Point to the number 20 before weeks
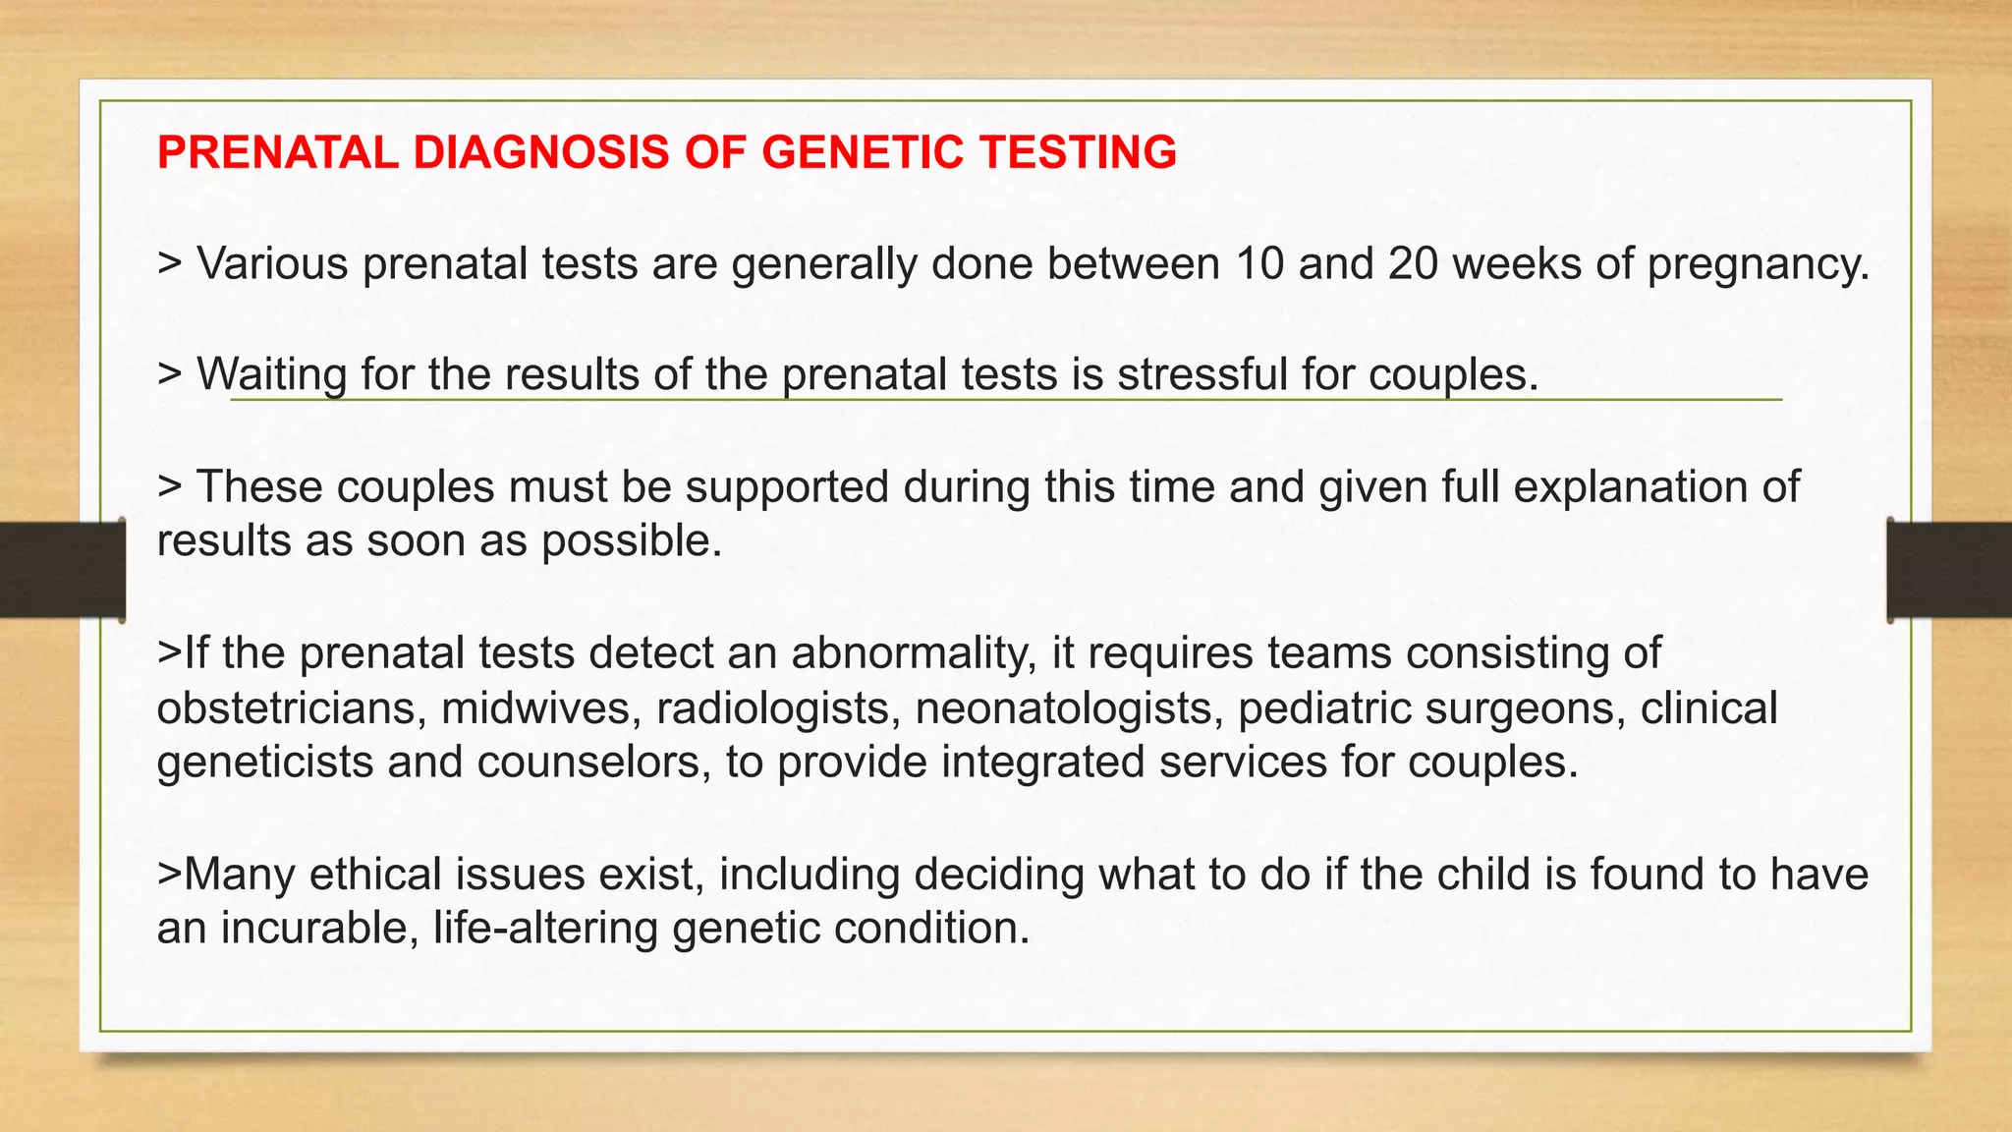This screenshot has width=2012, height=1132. (1413, 263)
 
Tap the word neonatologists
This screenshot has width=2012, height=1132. (1069, 708)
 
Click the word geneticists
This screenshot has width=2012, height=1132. (264, 763)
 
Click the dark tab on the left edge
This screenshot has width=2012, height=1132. (62, 570)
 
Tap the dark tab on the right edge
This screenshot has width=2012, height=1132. (1949, 570)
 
